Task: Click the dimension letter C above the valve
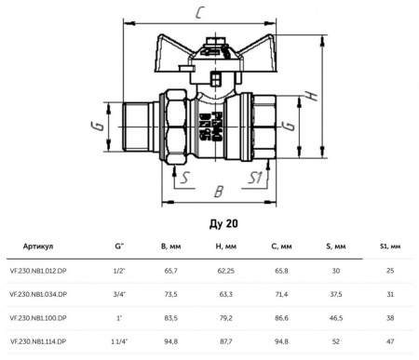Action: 199,13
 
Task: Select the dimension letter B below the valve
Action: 219,192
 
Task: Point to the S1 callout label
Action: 255,178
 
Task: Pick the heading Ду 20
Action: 223,223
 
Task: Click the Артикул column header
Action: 38,247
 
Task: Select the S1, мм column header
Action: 390,247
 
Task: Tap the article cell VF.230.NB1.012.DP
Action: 38,271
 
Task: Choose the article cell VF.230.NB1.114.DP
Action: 38,341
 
